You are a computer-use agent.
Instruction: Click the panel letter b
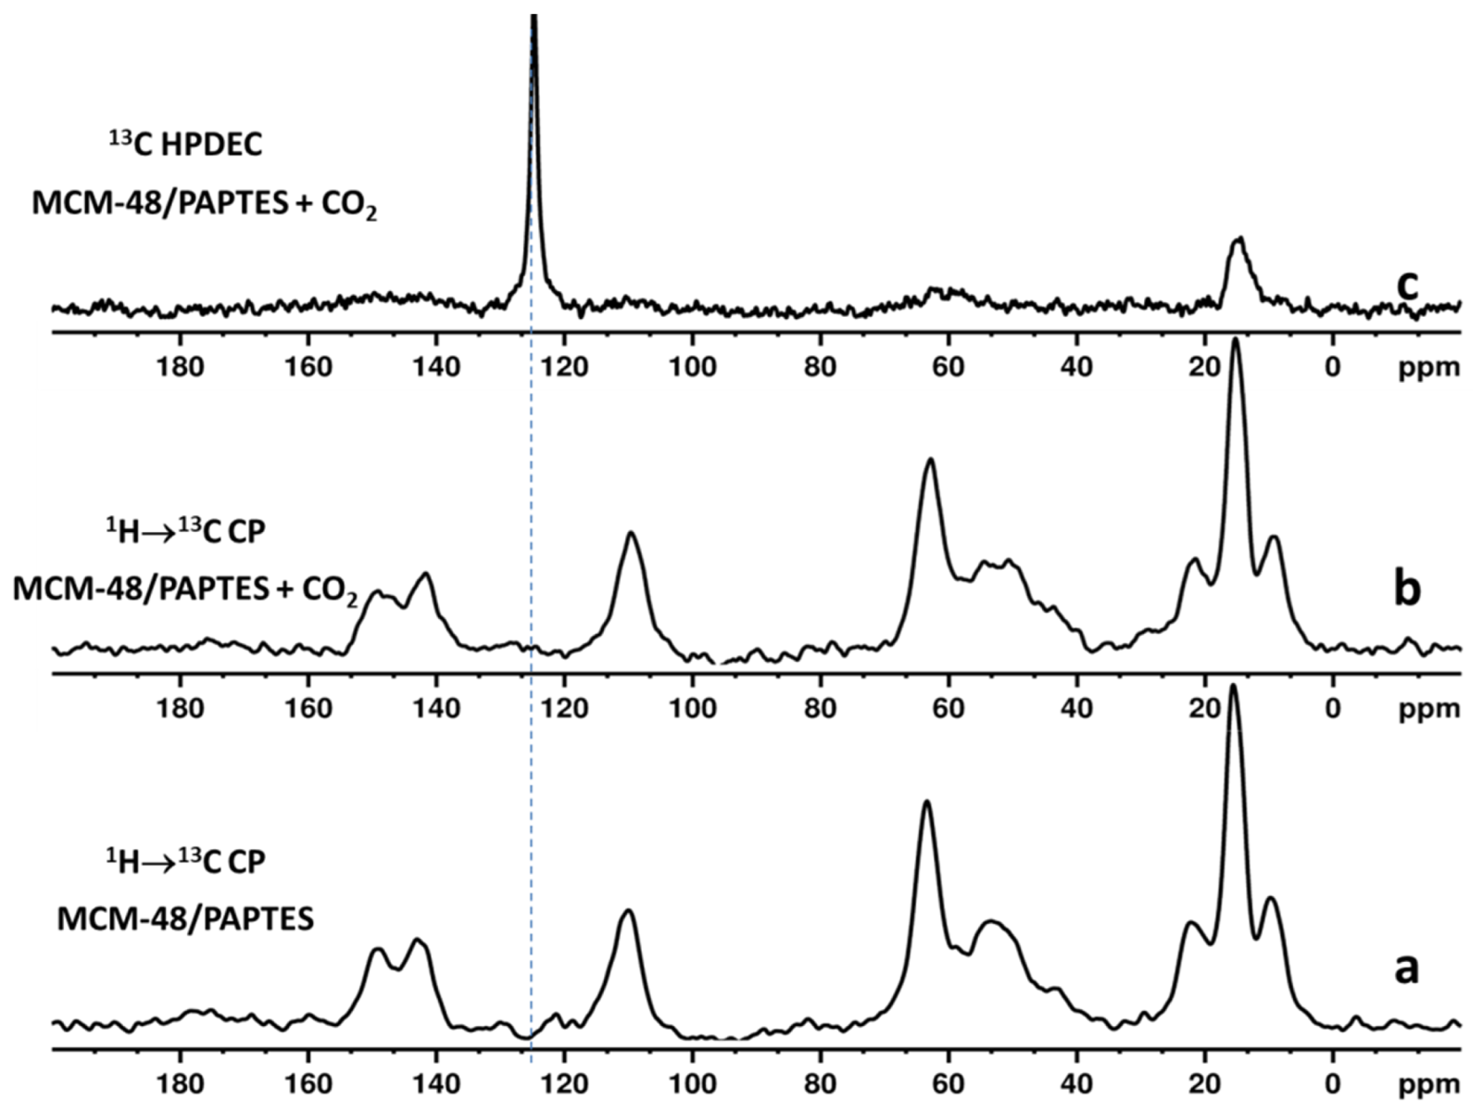point(1406,588)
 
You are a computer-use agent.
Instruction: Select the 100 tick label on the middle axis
point(693,708)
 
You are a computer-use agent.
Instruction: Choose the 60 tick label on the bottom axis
point(948,1084)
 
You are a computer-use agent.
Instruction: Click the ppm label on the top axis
point(1429,368)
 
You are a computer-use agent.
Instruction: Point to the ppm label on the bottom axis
point(1429,1085)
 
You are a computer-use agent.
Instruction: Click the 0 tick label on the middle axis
point(1332,708)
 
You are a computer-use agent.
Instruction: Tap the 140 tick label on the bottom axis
point(437,1084)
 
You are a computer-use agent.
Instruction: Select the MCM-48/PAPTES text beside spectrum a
point(186,919)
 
